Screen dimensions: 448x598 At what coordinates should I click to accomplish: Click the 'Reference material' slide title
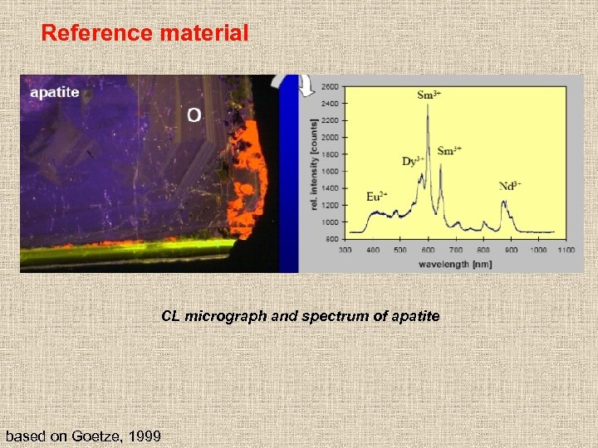(145, 33)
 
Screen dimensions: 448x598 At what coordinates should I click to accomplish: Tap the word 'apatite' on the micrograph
(55, 92)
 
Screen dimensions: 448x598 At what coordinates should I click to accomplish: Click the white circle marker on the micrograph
(193, 114)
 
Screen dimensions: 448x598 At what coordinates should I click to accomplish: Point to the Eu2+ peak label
(377, 197)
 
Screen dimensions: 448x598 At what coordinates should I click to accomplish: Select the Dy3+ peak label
(413, 161)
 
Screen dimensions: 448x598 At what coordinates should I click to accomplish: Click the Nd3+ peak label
(511, 185)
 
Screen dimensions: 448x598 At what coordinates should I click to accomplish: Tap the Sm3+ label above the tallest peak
(429, 95)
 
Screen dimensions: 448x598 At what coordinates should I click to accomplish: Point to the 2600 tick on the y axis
(330, 86)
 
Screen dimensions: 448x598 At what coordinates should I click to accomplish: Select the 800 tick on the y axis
(332, 239)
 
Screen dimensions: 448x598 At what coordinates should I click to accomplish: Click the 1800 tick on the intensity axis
(330, 154)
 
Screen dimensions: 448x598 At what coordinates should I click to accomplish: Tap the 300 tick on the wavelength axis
(345, 250)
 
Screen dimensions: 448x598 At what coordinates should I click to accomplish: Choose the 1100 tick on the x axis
(566, 250)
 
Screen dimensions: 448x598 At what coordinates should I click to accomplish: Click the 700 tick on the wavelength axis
(455, 250)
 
